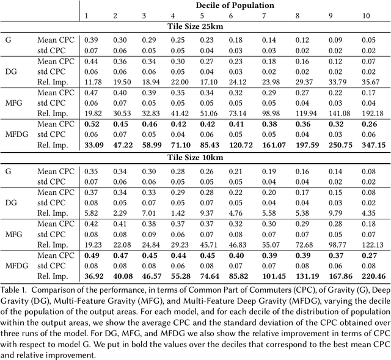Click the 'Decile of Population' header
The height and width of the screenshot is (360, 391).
235,5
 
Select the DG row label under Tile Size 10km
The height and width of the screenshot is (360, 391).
12,202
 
